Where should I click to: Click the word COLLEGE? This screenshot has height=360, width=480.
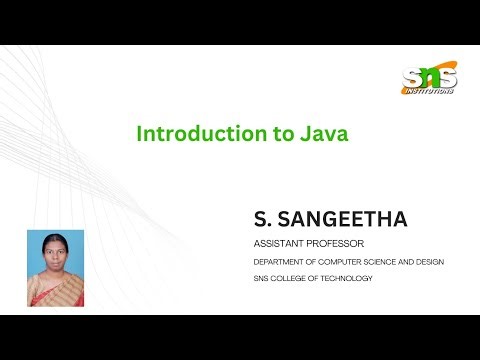(x=295, y=278)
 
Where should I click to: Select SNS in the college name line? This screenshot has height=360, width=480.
(x=262, y=278)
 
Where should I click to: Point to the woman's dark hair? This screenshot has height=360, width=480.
(x=54, y=238)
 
